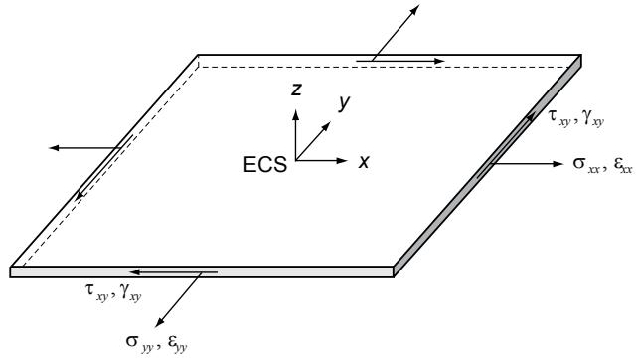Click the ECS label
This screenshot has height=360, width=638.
click(265, 165)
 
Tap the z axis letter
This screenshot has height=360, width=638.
click(296, 90)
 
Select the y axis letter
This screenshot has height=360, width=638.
click(344, 103)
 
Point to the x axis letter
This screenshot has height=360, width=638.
click(364, 162)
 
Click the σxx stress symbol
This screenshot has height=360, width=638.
click(586, 165)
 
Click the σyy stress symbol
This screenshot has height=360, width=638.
click(139, 342)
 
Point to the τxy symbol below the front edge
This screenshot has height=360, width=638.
click(96, 292)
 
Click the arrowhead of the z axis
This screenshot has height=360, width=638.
click(296, 113)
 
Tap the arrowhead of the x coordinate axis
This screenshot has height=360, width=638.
click(343, 161)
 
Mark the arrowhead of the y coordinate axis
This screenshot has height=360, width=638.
click(326, 126)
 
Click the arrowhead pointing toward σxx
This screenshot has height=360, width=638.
click(558, 164)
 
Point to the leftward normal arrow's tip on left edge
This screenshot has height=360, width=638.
click(49, 148)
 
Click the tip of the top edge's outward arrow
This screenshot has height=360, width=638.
click(419, 5)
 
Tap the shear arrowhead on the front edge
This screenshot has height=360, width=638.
click(135, 272)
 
